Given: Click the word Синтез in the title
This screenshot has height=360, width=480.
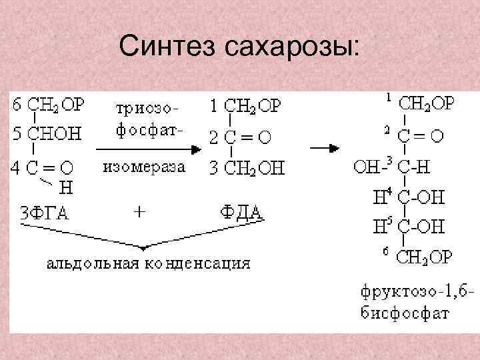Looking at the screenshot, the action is (167, 47).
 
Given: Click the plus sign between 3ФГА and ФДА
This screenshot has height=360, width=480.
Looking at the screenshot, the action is (139, 213).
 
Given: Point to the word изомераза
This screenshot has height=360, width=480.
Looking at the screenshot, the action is (143, 167).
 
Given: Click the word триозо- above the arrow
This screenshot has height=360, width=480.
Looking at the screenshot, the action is (146, 107).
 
